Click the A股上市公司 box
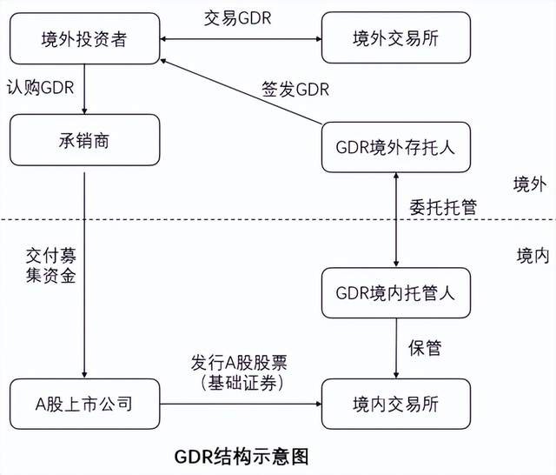click(84, 404)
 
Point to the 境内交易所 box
click(395, 404)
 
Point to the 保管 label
click(425, 348)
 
